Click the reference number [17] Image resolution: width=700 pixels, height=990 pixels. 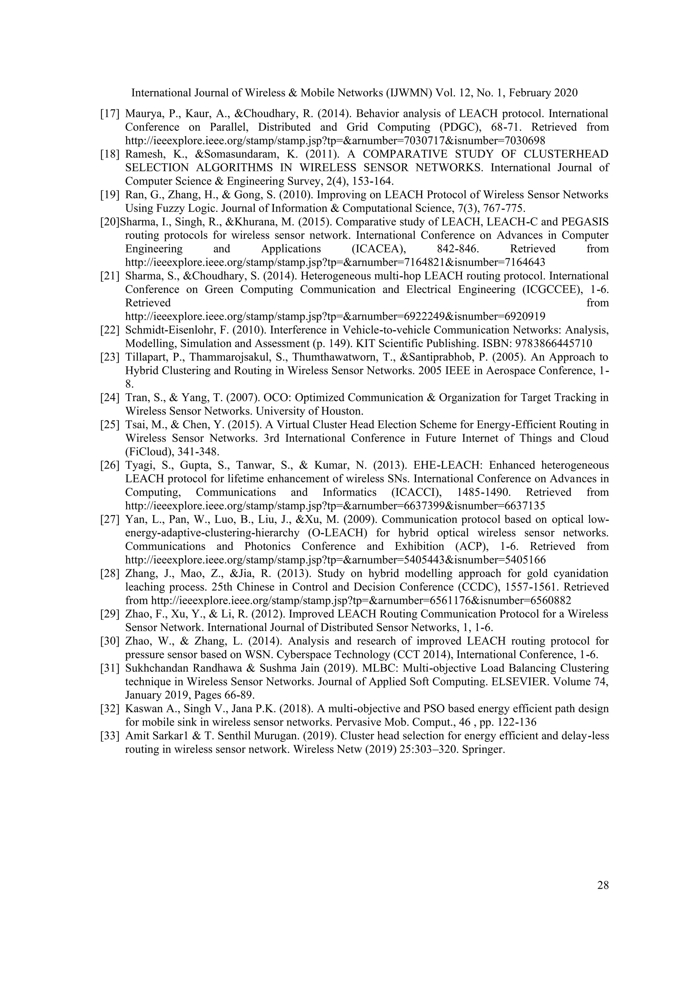pos(109,114)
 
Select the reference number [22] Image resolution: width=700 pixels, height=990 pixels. pos(109,330)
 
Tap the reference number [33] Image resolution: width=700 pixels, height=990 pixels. pos(109,736)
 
